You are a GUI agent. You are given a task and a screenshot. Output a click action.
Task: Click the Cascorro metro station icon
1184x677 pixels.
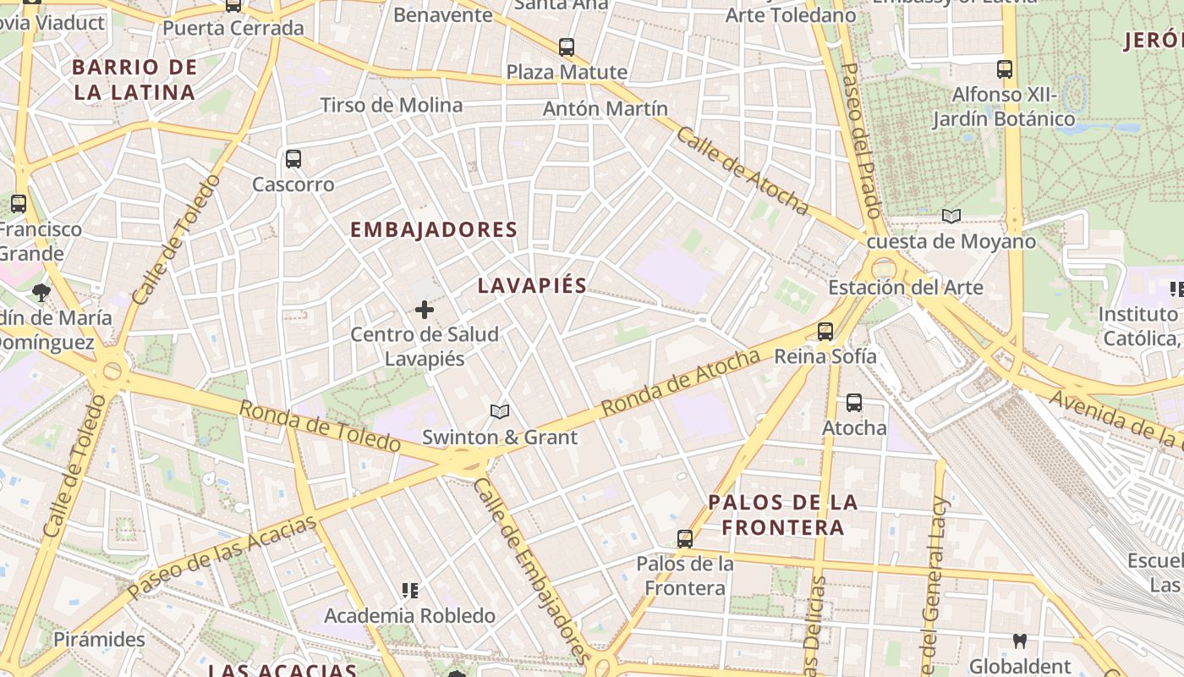coord(293,159)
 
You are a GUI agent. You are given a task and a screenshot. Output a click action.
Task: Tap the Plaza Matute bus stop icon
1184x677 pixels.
coord(567,47)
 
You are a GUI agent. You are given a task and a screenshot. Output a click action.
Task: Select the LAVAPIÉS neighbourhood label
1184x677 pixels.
coord(532,286)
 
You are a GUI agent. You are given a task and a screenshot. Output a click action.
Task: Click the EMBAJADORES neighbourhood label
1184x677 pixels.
coord(433,229)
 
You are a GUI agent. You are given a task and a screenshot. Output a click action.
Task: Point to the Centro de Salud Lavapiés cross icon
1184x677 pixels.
coord(425,311)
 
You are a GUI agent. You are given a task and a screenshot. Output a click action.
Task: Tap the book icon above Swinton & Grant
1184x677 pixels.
coord(500,412)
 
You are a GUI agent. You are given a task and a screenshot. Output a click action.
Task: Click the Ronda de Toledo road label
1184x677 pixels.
coord(319,426)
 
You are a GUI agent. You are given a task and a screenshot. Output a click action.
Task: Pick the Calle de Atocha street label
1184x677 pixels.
coord(742,171)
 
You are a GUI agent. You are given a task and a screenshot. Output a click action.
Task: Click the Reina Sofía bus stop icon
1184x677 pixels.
coord(825,332)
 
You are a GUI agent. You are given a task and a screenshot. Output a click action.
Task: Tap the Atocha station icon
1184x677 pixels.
coord(854,403)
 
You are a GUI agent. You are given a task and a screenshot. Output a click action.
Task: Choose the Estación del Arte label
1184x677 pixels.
coord(905,288)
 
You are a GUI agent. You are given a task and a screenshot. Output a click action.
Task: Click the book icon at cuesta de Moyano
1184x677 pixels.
coord(951,217)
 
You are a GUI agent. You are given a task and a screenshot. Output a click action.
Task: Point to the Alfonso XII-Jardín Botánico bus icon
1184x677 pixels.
coord(1005,69)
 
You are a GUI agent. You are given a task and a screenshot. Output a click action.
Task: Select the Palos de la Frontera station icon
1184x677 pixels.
coord(685,538)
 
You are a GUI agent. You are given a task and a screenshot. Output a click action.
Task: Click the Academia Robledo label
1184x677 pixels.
coord(409,616)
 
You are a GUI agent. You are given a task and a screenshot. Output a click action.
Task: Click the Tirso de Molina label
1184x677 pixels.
coord(391,106)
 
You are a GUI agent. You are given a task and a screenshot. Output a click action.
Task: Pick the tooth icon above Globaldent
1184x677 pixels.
coord(1020,641)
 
